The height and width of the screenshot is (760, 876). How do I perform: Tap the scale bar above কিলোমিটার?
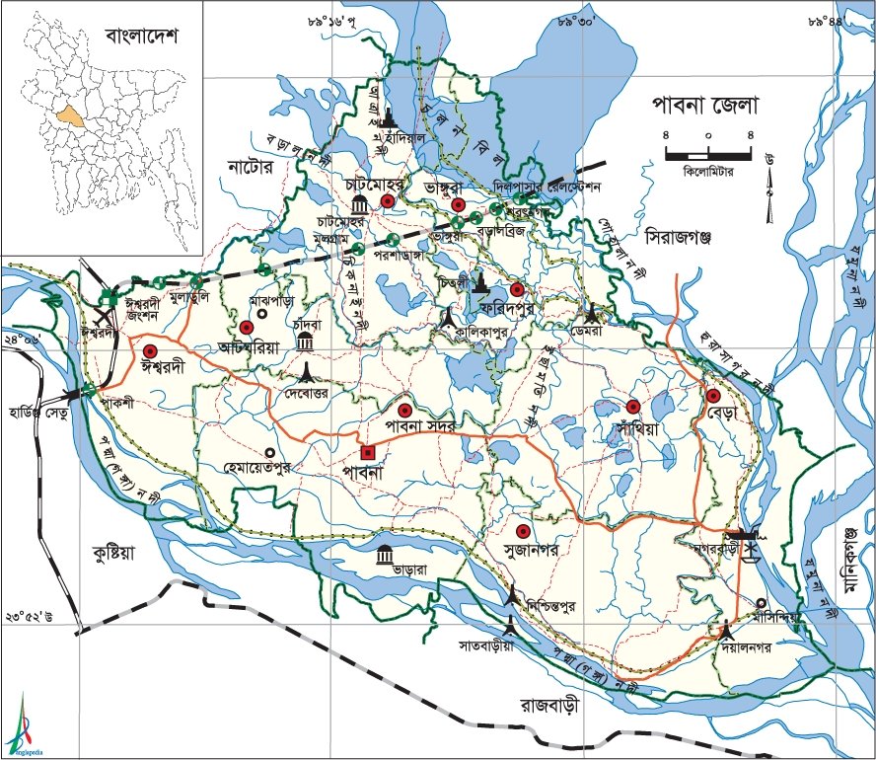click(708, 154)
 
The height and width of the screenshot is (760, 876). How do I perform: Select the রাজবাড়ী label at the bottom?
click(558, 707)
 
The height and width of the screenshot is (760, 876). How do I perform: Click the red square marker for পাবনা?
click(368, 453)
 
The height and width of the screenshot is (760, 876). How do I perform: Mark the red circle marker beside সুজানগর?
click(523, 530)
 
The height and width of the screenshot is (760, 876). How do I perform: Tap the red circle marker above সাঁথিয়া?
click(632, 407)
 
